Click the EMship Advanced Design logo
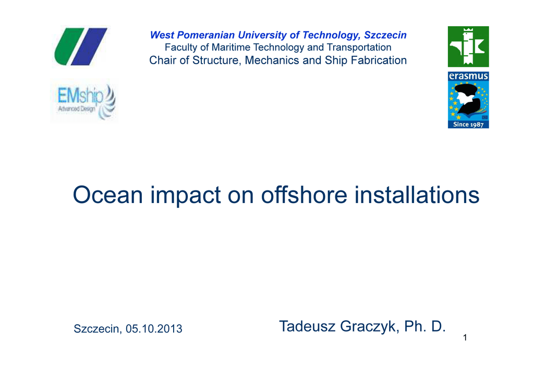pos(84,102)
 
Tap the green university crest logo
pos(468,46)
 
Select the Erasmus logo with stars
pos(468,100)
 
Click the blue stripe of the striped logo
pos(89,46)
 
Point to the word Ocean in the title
pos(107,195)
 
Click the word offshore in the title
pos(304,195)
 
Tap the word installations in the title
pos(417,195)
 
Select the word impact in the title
pos(186,196)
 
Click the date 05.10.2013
pos(154,329)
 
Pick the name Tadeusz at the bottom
pos(308,326)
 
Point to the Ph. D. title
pos(425,326)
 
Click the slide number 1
pos(465,338)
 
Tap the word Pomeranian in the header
pos(206,35)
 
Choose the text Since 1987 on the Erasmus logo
pos(468,124)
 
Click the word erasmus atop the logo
pos(468,76)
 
